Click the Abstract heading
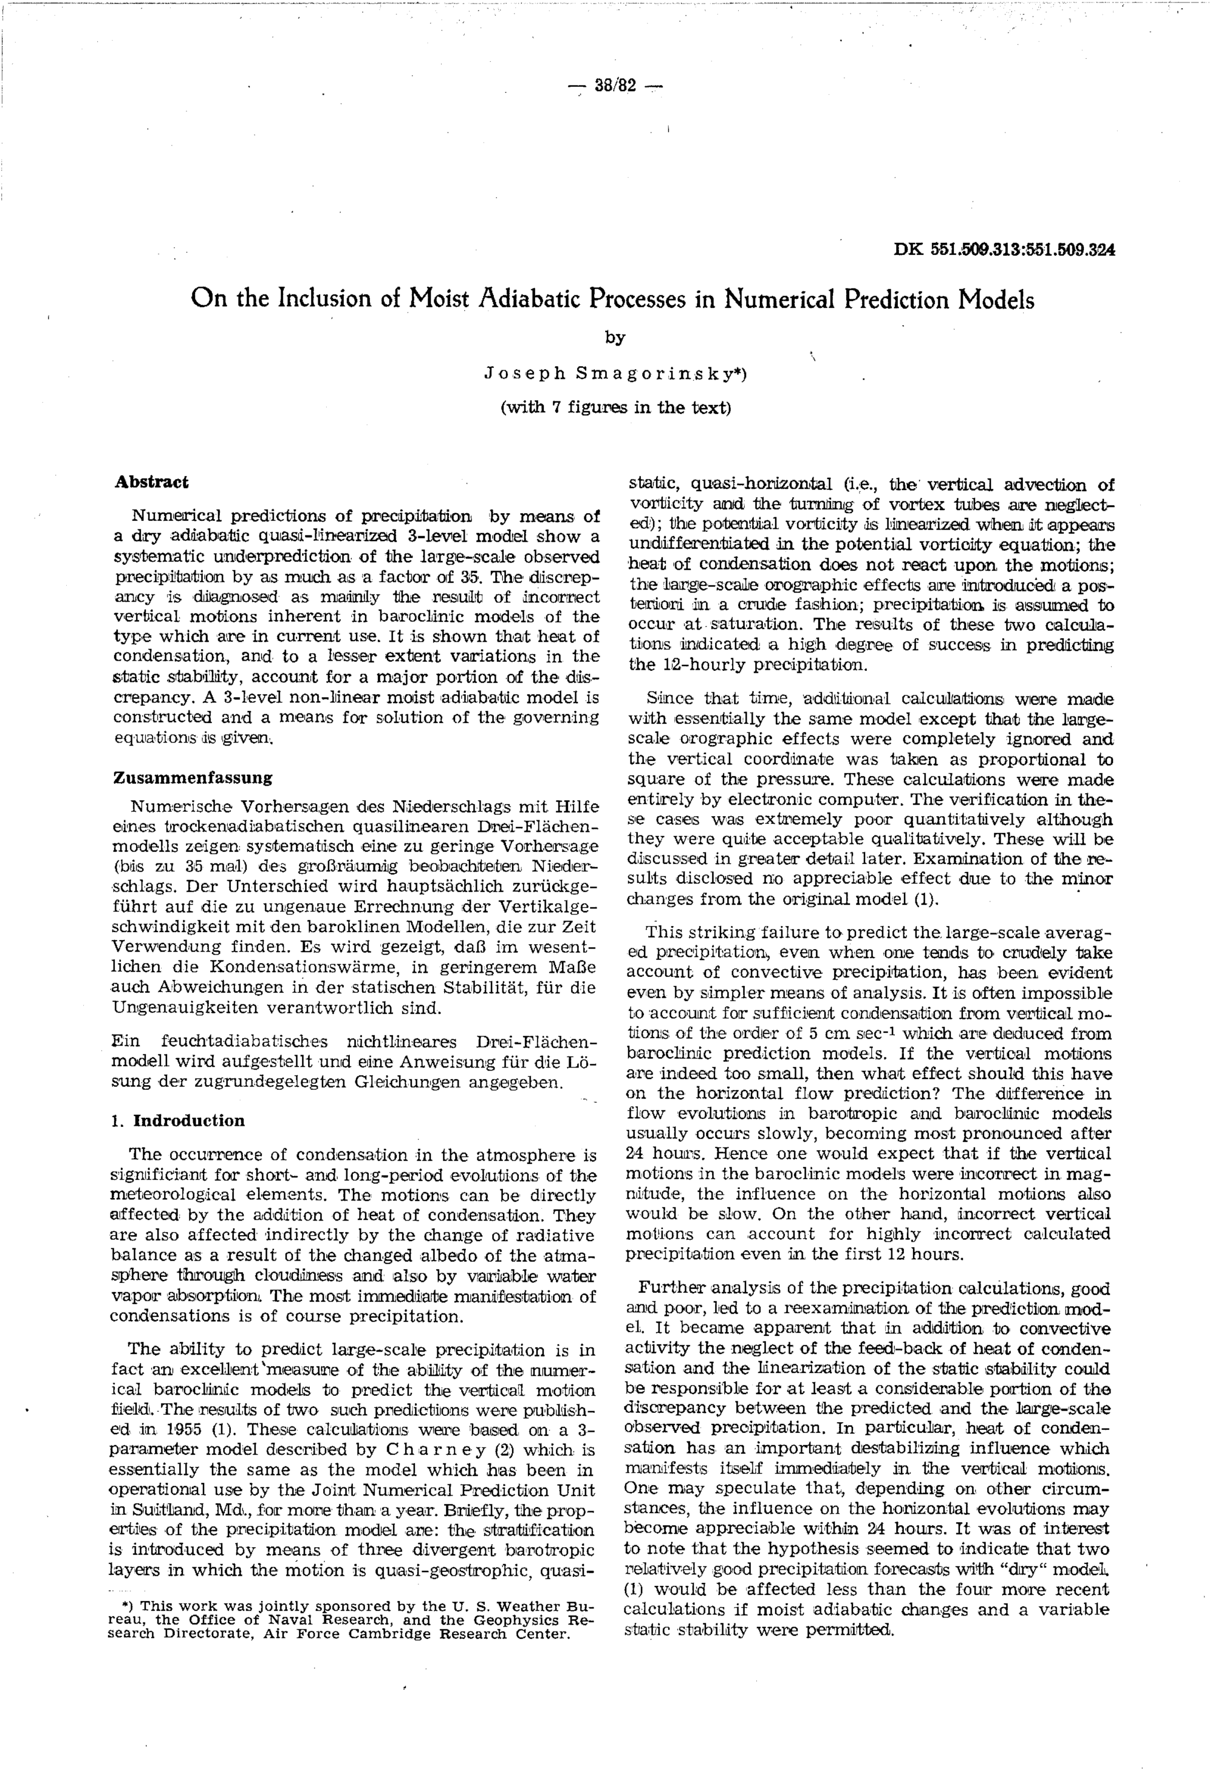(152, 482)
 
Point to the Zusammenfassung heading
(193, 778)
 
